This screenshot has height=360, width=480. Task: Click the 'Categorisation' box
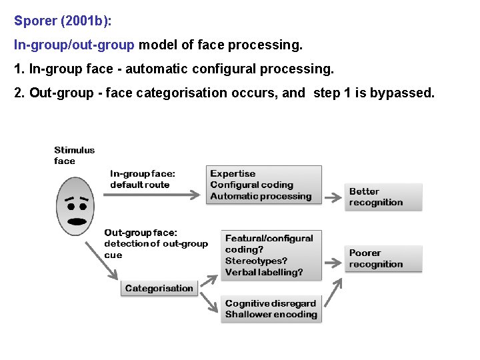159,289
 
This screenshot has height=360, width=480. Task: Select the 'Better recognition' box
383,197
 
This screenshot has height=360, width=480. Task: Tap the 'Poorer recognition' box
383,259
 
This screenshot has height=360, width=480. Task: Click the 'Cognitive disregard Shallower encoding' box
271,309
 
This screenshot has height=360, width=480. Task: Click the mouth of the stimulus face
77,221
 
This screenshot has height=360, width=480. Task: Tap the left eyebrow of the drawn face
68,200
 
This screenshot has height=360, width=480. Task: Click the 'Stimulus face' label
74,155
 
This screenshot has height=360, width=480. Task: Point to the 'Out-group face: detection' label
155,243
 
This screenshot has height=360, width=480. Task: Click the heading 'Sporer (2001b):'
63,21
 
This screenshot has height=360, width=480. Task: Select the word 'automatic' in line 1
155,69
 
